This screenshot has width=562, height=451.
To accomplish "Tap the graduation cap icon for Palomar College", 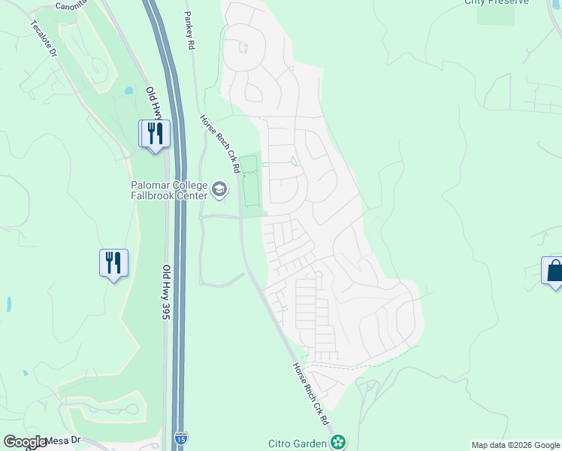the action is [219, 189].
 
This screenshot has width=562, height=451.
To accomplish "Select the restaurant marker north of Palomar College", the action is [156, 135].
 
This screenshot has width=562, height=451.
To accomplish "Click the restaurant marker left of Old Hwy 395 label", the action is [113, 264].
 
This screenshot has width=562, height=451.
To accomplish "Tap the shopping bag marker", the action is [554, 271].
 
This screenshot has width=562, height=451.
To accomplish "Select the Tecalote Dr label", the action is [44, 38].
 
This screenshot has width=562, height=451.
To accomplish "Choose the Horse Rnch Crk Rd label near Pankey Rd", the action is [218, 143].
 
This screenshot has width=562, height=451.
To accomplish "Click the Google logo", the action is [25, 442].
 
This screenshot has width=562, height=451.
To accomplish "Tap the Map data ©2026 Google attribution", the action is [515, 445].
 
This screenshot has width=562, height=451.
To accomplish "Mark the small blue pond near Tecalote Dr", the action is [128, 91].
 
